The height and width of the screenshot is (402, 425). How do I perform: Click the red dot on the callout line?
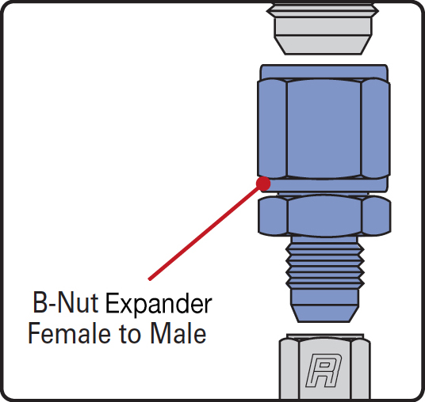coord(263,184)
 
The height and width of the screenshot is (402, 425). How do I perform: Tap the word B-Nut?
coord(65,303)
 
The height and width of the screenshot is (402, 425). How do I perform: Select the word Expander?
coord(159,304)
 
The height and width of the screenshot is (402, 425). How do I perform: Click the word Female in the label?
coord(70,333)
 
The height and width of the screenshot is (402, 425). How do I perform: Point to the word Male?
coord(178,333)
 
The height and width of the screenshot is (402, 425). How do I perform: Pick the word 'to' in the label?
coord(130,335)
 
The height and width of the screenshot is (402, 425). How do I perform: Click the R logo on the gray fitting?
coord(324,370)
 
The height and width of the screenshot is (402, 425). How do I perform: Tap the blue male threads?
coord(325,266)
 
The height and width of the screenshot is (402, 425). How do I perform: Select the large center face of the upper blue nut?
coord(324,129)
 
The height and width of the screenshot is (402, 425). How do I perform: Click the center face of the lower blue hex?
coord(324,216)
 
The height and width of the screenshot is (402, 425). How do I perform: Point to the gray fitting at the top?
coord(323,28)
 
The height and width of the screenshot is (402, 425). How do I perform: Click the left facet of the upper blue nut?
coord(272,127)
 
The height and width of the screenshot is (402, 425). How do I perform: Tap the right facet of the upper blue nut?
coord(376,127)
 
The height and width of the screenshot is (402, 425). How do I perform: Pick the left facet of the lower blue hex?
coord(273,215)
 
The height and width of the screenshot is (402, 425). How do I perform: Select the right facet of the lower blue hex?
coord(376,215)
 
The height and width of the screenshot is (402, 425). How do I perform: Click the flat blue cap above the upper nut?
coord(324,71)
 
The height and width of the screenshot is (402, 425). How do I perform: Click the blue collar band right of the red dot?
coord(328,184)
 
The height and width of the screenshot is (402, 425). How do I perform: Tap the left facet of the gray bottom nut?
coord(289,370)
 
